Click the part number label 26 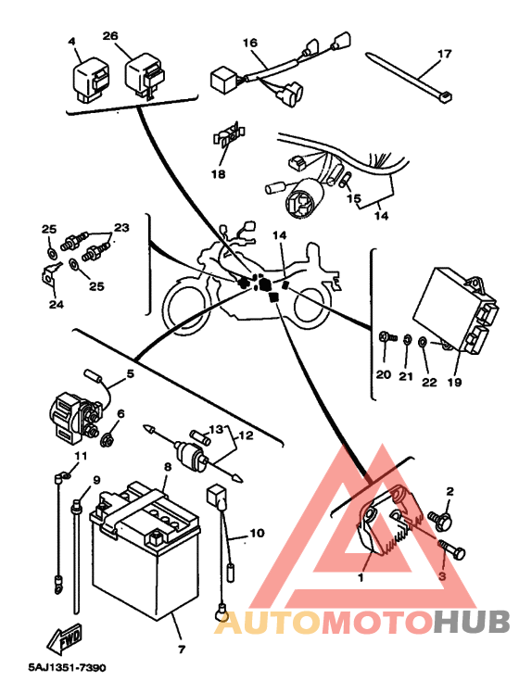point(110,35)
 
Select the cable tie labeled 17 point(409,77)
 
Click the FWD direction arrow point(65,638)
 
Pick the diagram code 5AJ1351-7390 point(67,667)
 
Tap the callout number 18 point(219,174)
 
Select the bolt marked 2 point(440,520)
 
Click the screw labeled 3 point(451,549)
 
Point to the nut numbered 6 point(107,440)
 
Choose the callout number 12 point(246,435)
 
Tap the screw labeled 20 point(387,336)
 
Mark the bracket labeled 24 point(50,276)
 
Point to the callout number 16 point(250,43)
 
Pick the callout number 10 point(257,533)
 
